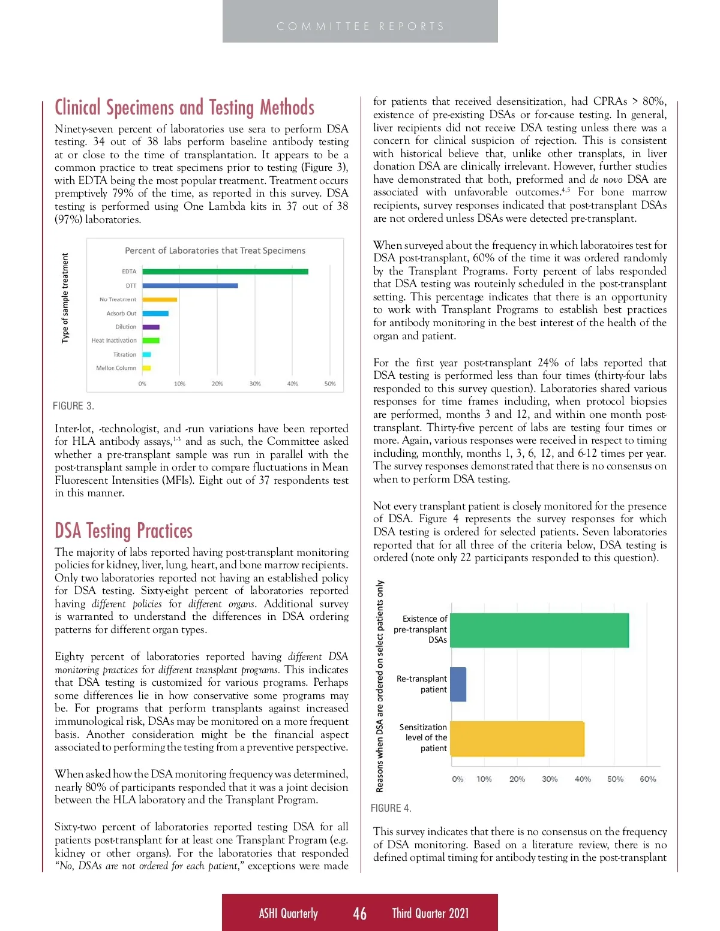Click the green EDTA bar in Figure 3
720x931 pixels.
tap(225, 272)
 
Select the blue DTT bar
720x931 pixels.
tap(190, 285)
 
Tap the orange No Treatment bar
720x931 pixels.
tap(160, 299)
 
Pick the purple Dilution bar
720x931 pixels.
tap(151, 327)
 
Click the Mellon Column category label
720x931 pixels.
tap(116, 368)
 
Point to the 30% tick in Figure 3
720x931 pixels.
tap(255, 384)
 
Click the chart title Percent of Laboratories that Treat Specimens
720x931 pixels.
tap(215, 251)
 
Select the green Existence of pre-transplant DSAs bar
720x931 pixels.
tap(538, 630)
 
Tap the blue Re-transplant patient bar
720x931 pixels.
tap(458, 684)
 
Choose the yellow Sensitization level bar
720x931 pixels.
tap(516, 739)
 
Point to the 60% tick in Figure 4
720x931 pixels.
tap(647, 779)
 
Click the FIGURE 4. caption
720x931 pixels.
tap(391, 808)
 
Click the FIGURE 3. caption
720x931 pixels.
tap(73, 406)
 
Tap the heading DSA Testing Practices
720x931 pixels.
tap(124, 531)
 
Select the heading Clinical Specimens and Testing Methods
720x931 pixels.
tap(184, 107)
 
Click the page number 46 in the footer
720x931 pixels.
tap(359, 913)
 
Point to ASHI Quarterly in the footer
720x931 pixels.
tap(288, 913)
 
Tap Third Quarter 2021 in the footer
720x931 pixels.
tap(430, 913)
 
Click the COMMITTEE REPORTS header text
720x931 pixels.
tap(360, 26)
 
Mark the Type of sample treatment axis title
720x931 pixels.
tap(65, 298)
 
